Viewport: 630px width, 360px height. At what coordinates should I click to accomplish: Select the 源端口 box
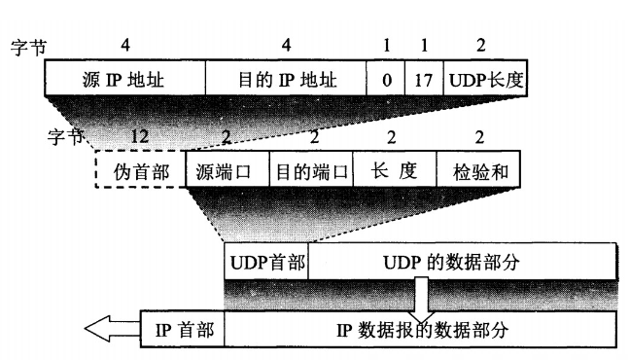pos(225,172)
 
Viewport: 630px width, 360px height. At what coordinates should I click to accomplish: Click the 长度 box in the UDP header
pos(394,172)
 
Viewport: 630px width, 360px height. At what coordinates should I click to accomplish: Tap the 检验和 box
pos(478,172)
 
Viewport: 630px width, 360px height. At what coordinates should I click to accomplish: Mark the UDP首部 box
pos(266,262)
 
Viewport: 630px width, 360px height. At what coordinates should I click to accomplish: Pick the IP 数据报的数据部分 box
pos(419,329)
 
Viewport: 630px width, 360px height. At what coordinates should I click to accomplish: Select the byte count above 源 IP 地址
pos(123,46)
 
